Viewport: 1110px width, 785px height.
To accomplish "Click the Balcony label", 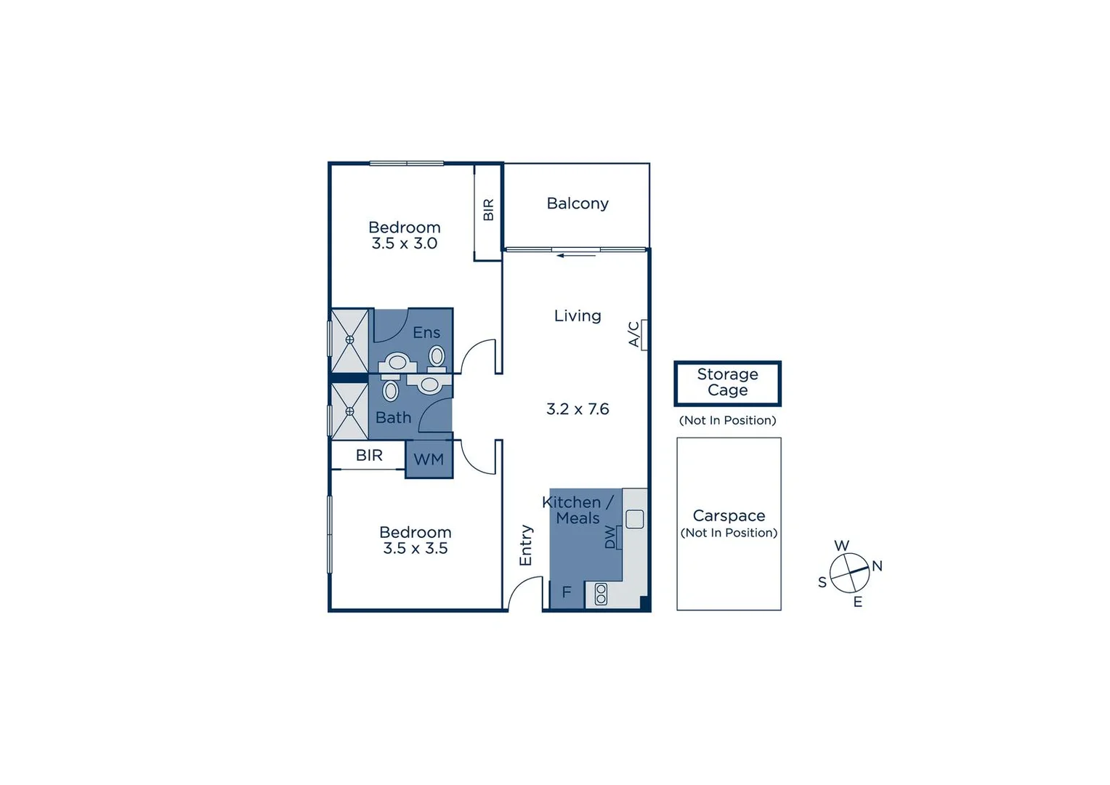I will coord(578,204).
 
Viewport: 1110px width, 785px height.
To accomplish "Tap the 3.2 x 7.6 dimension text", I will coord(578,409).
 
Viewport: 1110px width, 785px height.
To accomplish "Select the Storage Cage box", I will coord(727,383).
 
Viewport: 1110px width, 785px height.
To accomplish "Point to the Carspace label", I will coord(729,515).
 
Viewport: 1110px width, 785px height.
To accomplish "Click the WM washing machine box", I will coord(429,459).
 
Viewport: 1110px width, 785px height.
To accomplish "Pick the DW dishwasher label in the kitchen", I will coord(610,537).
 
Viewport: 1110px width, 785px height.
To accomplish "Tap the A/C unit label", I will coord(634,334).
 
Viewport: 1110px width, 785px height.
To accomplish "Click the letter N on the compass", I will coord(877,565).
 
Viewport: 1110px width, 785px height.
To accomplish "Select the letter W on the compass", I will coord(841,546).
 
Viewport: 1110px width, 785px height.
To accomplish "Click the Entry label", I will coord(526,545).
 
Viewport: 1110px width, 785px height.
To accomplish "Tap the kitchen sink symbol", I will coord(634,519).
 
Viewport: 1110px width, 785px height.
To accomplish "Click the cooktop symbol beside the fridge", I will coord(601,594).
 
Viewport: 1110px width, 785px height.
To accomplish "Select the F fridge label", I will coord(567,592).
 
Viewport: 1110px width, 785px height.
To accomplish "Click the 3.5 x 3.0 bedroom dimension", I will coord(405,243).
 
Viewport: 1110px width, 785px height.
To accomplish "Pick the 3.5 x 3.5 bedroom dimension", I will coord(416,548).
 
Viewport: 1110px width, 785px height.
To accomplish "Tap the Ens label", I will coord(426,332).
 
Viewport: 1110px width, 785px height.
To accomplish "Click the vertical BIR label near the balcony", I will coord(488,209).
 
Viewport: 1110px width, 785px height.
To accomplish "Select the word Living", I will coord(578,315).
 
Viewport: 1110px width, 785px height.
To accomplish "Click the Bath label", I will coord(393,418).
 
